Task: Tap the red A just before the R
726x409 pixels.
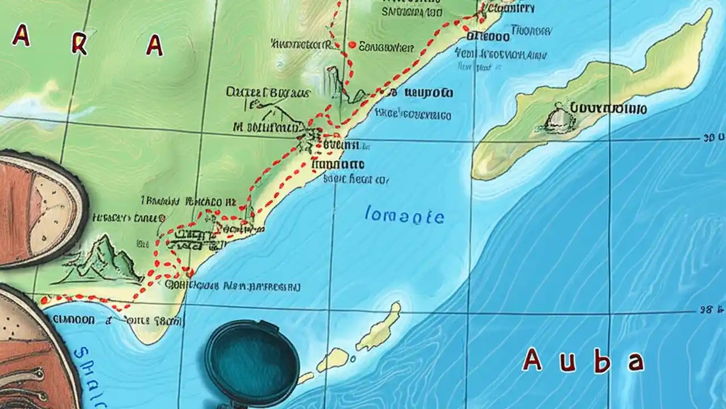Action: [22, 37]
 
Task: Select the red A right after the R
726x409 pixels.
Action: [154, 45]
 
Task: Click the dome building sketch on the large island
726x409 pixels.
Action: [555, 118]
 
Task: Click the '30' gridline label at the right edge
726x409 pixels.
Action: [713, 138]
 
